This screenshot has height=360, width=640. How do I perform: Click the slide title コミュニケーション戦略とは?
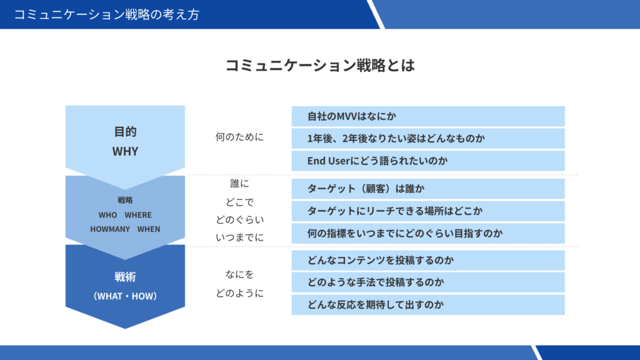pos(321,65)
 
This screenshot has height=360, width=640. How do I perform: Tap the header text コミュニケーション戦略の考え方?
pos(106,15)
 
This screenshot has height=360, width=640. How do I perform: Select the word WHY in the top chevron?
pos(125,151)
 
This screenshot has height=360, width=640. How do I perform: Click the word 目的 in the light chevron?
pos(125,131)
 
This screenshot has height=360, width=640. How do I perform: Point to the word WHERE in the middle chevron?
pos(138,215)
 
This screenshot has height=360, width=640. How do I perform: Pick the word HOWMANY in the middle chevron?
pos(110,229)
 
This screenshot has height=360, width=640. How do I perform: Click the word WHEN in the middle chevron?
pos(149,229)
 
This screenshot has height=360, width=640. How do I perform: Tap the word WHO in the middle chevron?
pos(107,215)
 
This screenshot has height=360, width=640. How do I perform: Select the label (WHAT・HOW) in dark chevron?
pos(125,296)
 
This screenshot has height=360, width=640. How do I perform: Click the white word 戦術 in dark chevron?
pos(125,277)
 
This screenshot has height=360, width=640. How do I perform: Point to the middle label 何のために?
pos(239,137)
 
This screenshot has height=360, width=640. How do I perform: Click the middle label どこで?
pos(239,202)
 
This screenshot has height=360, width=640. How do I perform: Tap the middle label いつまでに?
pos(239,237)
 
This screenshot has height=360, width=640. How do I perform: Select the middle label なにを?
pos(239,274)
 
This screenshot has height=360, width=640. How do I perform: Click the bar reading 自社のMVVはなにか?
pos(428,116)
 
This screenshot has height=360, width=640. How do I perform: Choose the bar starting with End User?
pos(428,161)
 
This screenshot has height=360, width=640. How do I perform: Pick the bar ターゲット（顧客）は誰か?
pos(428,189)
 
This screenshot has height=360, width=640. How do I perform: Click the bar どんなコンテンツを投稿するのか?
pos(428,260)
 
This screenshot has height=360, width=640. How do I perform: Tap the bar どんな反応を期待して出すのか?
pos(428,304)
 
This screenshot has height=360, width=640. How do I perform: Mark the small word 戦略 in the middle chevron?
pos(125,200)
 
